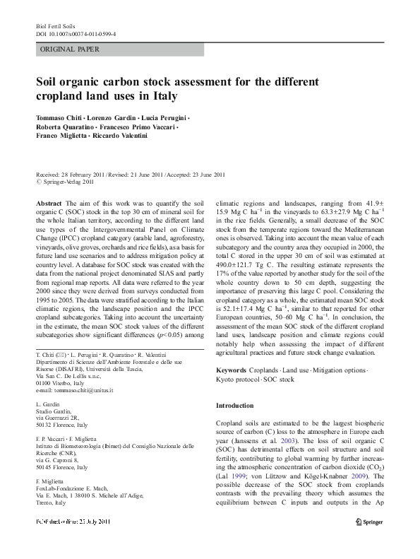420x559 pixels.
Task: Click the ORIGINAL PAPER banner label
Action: click(x=70, y=49)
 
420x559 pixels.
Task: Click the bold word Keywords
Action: click(x=231, y=370)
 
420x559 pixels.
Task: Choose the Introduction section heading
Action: click(x=234, y=406)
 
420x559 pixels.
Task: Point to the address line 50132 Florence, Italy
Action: click(x=61, y=425)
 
